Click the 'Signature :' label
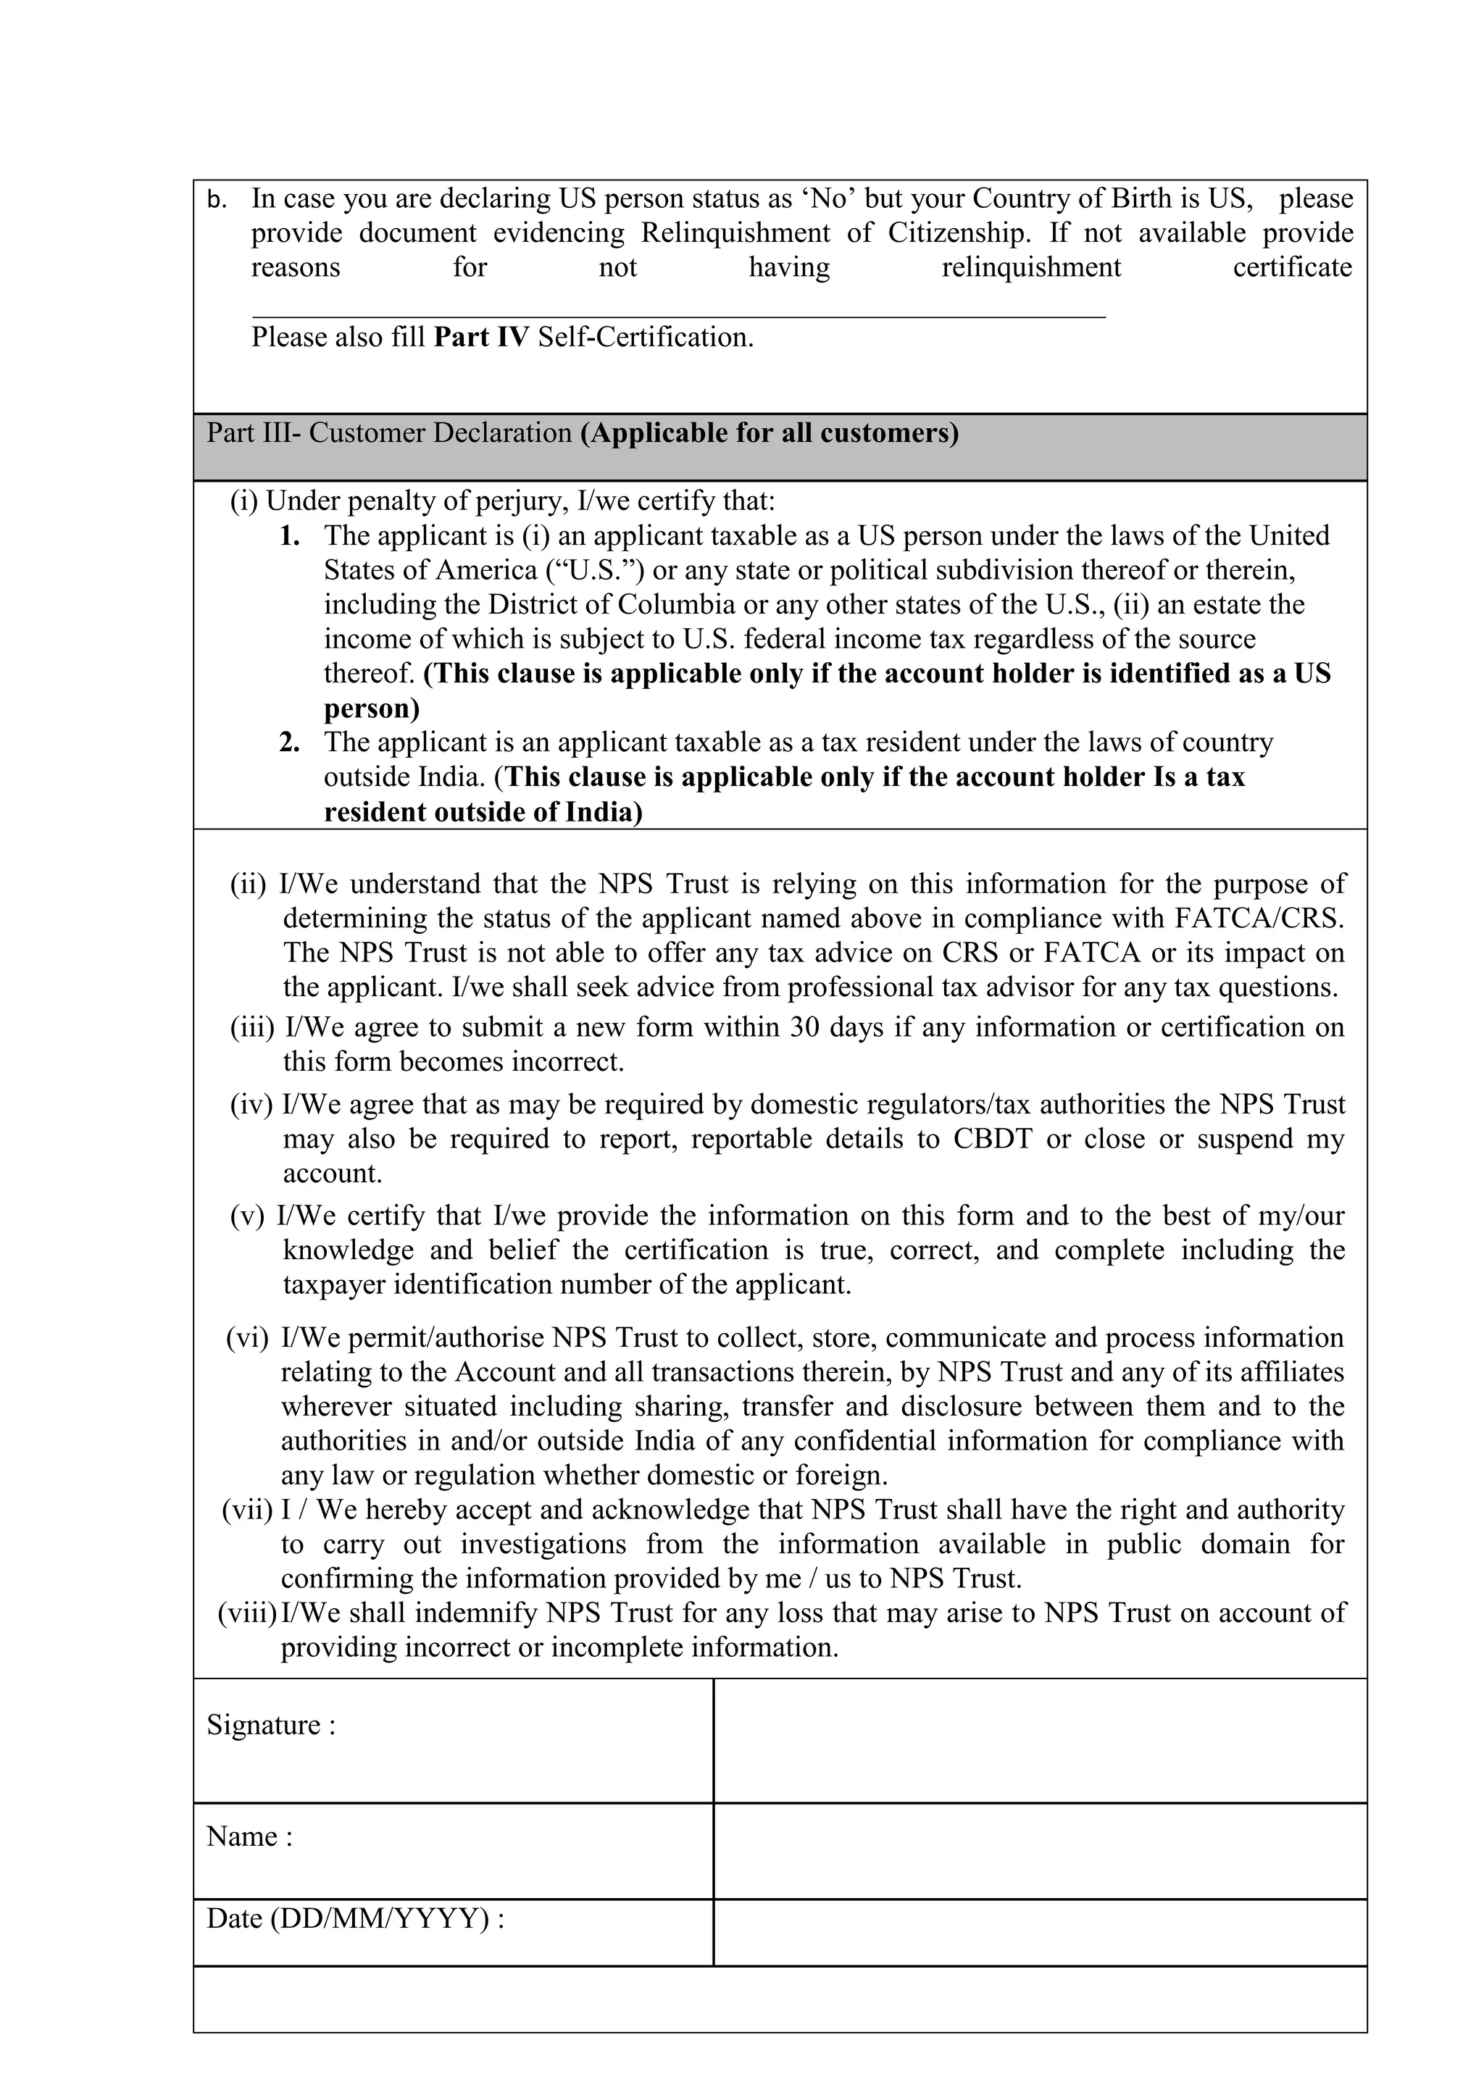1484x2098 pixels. tap(270, 1725)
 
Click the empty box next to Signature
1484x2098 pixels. tap(1039, 1741)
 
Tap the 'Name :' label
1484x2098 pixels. tap(249, 1836)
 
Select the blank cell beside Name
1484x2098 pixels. tap(1039, 1851)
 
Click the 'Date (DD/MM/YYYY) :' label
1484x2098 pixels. tap(356, 1919)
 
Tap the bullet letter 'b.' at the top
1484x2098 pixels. tap(217, 200)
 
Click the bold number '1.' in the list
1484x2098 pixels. tap(290, 535)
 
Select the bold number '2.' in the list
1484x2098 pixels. tap(290, 742)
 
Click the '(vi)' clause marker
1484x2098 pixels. tap(248, 1338)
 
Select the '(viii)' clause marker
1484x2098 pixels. tap(246, 1613)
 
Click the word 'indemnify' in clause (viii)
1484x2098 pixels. tap(475, 1613)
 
